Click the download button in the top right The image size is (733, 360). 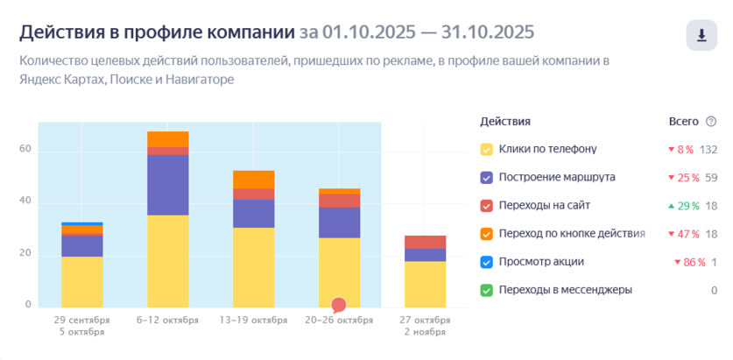point(701,35)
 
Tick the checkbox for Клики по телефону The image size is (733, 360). point(486,149)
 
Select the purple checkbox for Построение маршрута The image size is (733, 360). point(486,177)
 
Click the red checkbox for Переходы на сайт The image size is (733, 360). point(486,205)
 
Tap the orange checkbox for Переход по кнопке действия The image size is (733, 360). point(486,234)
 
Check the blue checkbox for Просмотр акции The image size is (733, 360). point(486,262)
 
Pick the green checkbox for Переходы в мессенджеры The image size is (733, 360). point(486,290)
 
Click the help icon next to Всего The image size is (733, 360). point(710,121)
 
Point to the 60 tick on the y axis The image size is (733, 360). point(25,150)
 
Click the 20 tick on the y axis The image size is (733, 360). point(25,254)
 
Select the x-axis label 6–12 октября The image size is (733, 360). point(167,320)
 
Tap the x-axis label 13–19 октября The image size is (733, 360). point(253,320)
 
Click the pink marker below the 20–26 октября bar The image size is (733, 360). point(339,305)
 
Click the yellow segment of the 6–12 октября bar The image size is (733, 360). point(167,260)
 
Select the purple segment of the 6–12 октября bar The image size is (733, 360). point(167,185)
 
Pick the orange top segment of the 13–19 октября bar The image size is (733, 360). point(253,180)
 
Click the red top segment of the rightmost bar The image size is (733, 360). point(425,242)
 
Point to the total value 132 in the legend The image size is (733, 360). point(708,149)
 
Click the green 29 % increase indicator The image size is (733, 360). point(688,205)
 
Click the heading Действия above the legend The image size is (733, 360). point(504,121)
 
